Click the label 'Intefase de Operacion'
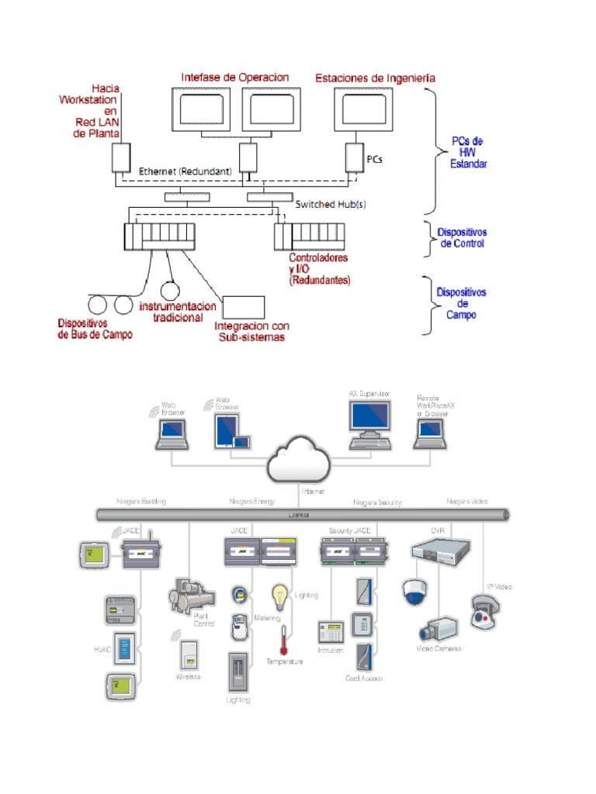(234, 78)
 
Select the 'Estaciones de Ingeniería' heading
(375, 78)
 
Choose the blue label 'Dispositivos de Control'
(461, 238)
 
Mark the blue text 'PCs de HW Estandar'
(469, 153)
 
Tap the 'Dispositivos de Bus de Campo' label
(95, 329)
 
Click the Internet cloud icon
(297, 464)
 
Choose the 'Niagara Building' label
(141, 502)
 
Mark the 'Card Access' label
(363, 678)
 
